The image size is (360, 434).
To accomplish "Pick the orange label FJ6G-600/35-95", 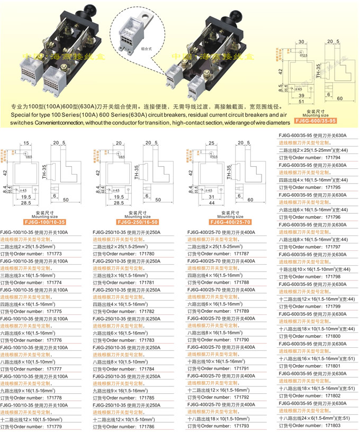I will click(x=317, y=121).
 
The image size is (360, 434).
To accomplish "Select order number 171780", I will click(x=147, y=254).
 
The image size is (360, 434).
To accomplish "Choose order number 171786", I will click(x=147, y=426).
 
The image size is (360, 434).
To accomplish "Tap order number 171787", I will click(x=241, y=254).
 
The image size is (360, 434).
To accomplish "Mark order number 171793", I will click(x=241, y=426).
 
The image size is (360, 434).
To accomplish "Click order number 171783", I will click(x=147, y=340).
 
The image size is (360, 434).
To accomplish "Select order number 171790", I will click(x=241, y=340).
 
